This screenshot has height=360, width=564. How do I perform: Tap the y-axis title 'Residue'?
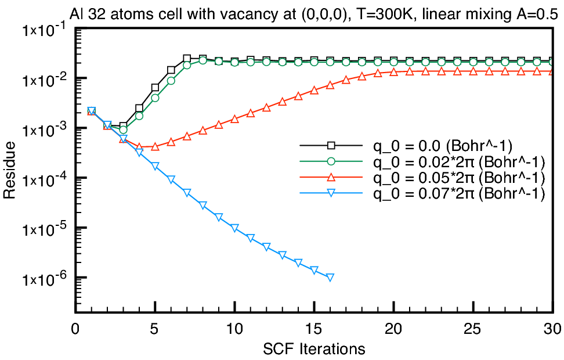click(x=9, y=170)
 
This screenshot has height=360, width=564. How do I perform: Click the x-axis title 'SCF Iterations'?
click(x=314, y=349)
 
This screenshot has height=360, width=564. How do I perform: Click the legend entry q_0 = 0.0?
click(x=442, y=145)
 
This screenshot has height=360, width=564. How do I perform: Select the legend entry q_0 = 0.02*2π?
click(x=459, y=161)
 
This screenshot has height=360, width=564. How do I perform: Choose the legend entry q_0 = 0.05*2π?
click(x=459, y=178)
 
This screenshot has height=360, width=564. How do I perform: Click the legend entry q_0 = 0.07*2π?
click(x=459, y=193)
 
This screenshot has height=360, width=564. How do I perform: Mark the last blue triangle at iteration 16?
click(x=330, y=277)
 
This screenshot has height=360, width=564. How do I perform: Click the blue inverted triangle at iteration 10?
click(x=234, y=228)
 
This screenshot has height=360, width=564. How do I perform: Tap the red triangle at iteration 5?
click(x=155, y=146)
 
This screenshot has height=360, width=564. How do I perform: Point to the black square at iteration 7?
click(x=187, y=58)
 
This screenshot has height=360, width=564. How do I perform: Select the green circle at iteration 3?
click(x=124, y=129)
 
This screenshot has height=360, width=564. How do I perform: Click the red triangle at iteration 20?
click(x=393, y=73)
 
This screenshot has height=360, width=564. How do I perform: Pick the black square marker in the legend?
click(x=331, y=145)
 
